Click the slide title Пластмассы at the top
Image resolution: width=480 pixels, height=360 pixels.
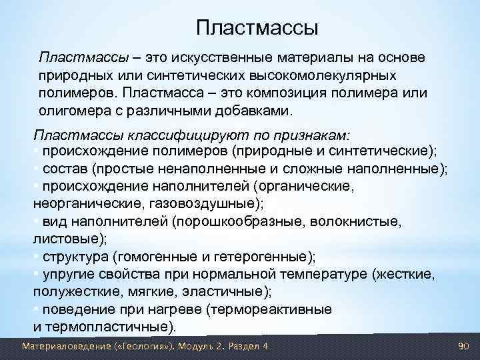point(257,28)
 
